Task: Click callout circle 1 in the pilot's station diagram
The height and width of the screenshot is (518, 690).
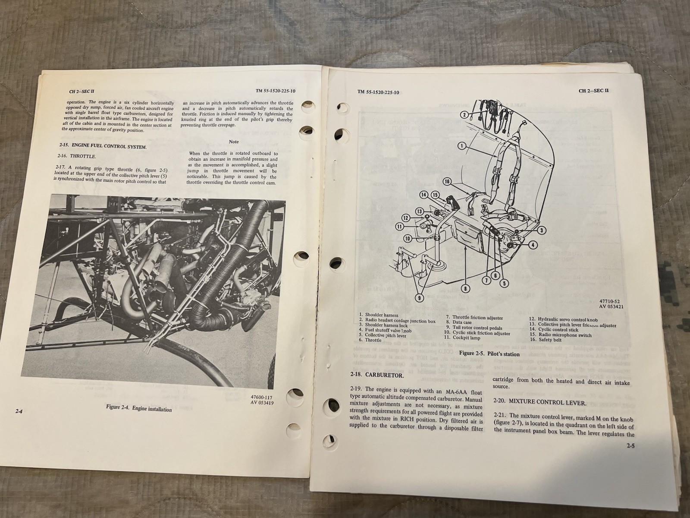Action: [462, 146]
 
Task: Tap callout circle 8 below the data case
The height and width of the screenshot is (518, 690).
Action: [466, 288]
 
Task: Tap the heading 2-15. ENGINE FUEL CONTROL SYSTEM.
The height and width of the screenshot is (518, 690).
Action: [102, 146]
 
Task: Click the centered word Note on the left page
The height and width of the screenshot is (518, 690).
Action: [234, 142]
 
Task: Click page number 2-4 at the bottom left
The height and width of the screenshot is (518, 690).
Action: [19, 412]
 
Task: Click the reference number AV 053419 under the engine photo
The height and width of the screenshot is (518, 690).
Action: [262, 403]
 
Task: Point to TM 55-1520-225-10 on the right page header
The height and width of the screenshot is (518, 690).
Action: [378, 92]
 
